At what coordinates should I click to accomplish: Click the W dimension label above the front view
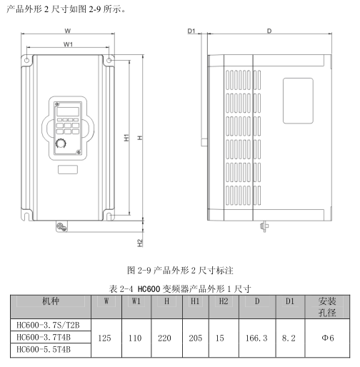coord(68,31)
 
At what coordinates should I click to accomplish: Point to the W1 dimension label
coord(68,44)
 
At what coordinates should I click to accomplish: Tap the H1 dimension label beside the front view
coord(127,138)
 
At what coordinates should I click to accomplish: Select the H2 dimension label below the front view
coord(140,243)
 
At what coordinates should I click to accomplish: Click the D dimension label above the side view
coord(269,31)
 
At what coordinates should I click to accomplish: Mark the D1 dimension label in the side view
coord(191,31)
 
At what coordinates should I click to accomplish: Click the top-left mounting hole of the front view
coord(27,60)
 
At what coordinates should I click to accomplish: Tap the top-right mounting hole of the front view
coord(109,60)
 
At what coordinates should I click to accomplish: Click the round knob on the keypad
coord(61,144)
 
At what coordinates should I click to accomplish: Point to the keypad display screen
coord(68,111)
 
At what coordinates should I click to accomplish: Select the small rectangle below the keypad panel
coord(68,170)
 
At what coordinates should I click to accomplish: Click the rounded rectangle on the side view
coord(298,101)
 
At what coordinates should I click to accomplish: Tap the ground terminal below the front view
coord(61,226)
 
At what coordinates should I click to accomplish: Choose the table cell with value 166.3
coord(256,338)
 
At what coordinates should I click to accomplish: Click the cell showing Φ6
coord(328,338)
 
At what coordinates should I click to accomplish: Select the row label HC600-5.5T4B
coord(44,349)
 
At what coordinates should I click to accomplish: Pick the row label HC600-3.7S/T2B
coord(48,325)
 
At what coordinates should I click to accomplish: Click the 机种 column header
coord(51,301)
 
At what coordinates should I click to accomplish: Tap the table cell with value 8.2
coord(289,338)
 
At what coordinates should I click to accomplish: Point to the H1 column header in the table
coord(195,301)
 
